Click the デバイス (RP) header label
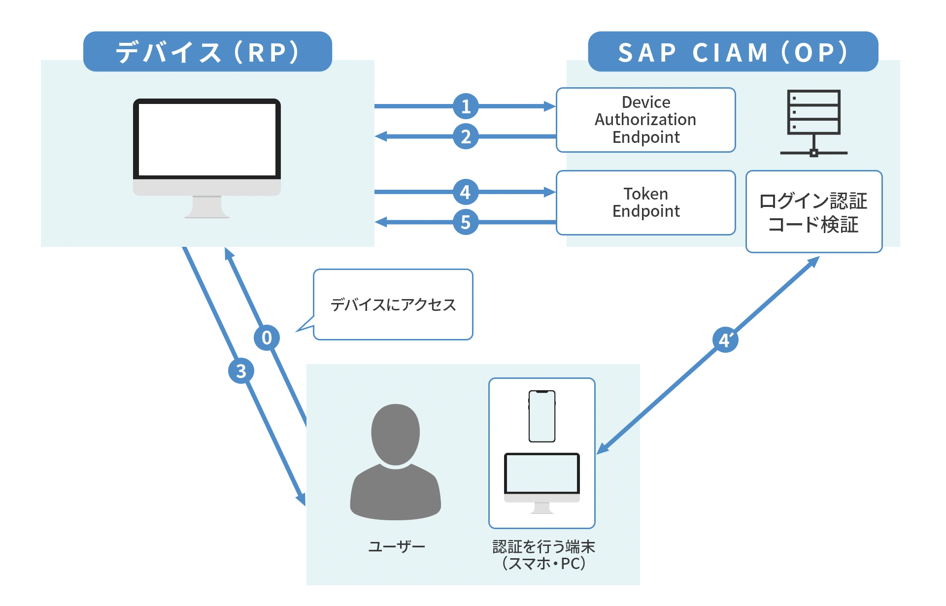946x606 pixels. pyautogui.click(x=207, y=52)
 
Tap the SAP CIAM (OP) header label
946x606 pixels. pyautogui.click(x=733, y=52)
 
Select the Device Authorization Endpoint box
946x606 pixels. pyautogui.click(x=645, y=120)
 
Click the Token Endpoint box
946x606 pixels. pyautogui.click(x=645, y=202)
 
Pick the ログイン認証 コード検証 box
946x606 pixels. pyautogui.click(x=813, y=212)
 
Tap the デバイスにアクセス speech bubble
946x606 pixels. pyautogui.click(x=393, y=304)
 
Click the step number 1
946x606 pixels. pyautogui.click(x=466, y=106)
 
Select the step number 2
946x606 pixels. pyautogui.click(x=466, y=136)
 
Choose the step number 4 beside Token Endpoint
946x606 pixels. pyautogui.click(x=465, y=192)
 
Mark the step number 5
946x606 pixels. pyautogui.click(x=465, y=222)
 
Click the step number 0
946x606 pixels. pyautogui.click(x=267, y=337)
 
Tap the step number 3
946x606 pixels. pyautogui.click(x=241, y=371)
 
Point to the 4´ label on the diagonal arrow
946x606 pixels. pyautogui.click(x=725, y=340)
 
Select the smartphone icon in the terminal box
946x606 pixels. pyautogui.click(x=541, y=416)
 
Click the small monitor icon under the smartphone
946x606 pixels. pyautogui.click(x=541, y=480)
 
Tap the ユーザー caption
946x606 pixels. pyautogui.click(x=397, y=546)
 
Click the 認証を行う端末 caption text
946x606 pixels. pyautogui.click(x=543, y=546)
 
